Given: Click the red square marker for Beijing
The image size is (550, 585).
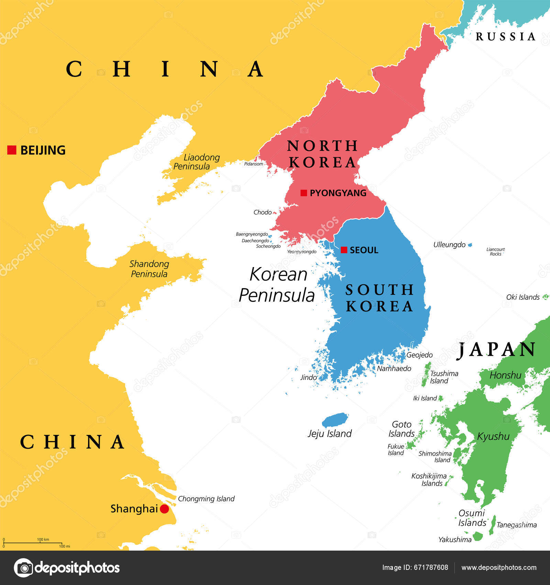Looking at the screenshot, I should (12, 150).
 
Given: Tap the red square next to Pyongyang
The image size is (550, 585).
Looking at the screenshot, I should (304, 193).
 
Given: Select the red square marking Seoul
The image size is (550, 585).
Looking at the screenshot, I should (344, 250).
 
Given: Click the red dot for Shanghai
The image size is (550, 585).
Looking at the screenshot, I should (165, 509).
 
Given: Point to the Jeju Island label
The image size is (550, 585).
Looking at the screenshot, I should (330, 434).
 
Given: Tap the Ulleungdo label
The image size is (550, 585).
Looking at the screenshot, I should (449, 245).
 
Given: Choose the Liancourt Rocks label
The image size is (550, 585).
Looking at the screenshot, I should (495, 252).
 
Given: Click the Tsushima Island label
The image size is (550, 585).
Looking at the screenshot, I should (444, 377).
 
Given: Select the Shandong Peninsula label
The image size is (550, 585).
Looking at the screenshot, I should (149, 269).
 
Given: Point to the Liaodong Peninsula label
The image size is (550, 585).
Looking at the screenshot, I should (196, 162).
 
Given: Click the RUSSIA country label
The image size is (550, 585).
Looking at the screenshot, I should (505, 36).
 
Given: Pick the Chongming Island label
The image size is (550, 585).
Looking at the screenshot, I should (206, 499).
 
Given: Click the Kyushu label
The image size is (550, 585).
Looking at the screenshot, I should (493, 436).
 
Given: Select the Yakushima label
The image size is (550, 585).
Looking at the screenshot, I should (455, 540).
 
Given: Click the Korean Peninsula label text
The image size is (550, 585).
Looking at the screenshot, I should (277, 285).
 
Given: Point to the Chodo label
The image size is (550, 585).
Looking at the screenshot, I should (262, 212).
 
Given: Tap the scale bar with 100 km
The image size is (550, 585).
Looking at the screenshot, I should (33, 543).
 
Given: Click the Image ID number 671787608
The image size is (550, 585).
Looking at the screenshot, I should (432, 568).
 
